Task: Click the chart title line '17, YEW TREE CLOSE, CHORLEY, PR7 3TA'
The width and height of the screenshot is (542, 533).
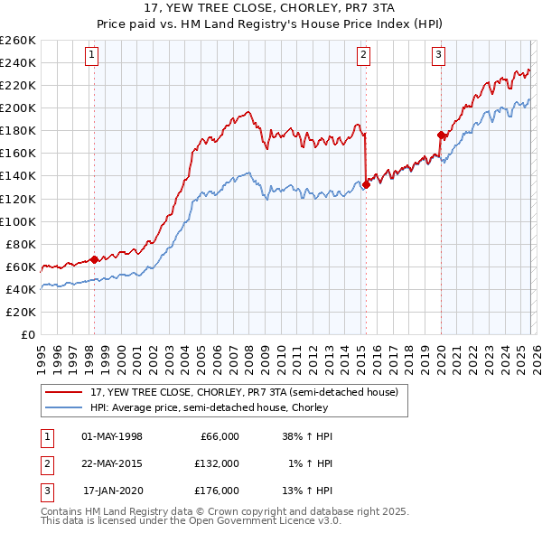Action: (270, 7)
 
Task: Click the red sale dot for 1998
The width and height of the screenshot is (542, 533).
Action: (94, 259)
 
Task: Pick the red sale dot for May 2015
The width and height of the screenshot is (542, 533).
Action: (366, 185)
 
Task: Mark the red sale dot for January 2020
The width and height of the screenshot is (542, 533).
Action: (441, 136)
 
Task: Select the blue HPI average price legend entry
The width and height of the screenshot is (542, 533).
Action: (217, 407)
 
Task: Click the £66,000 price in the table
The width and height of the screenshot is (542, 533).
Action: (218, 436)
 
